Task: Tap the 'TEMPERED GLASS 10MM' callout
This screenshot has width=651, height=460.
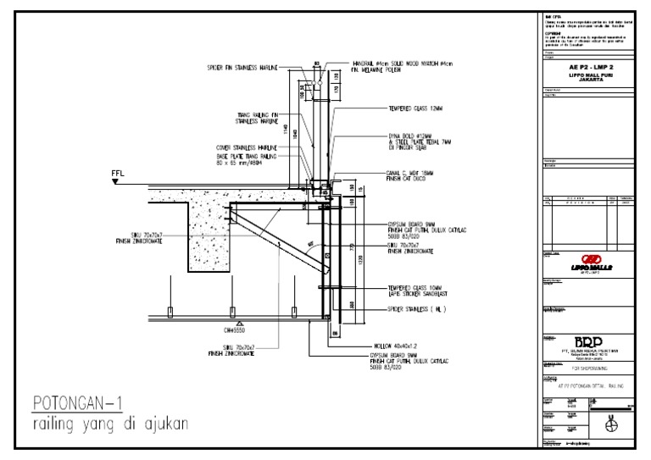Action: click(416, 288)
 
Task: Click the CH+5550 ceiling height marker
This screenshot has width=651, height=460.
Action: click(240, 330)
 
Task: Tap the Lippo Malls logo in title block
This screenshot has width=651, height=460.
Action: click(587, 262)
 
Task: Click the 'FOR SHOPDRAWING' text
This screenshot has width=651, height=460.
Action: click(585, 369)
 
